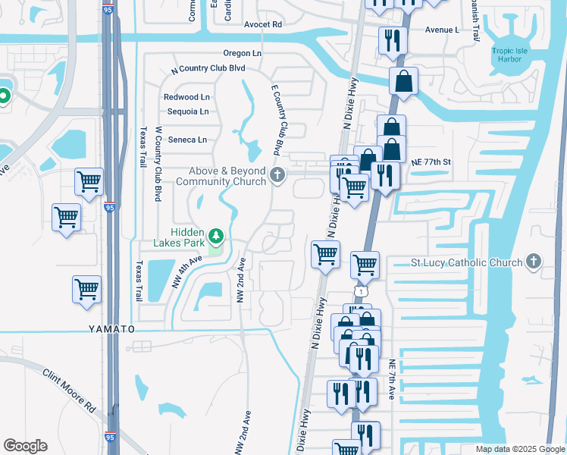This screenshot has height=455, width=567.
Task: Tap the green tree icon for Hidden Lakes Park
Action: (x=217, y=237)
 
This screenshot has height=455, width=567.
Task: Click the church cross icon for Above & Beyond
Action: (x=277, y=176)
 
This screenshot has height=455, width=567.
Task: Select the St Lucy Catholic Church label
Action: (x=466, y=263)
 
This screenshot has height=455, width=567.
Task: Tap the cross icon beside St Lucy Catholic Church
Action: (x=534, y=262)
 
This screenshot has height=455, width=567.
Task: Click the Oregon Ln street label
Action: (x=242, y=53)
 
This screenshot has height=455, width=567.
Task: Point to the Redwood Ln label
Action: (x=186, y=97)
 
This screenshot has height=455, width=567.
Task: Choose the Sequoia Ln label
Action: (x=187, y=111)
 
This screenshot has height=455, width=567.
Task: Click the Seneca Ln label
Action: (x=186, y=140)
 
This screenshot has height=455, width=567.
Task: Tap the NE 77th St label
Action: (x=431, y=162)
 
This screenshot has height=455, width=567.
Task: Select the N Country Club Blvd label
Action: (x=208, y=68)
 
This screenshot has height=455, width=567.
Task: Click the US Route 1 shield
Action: (x=360, y=292)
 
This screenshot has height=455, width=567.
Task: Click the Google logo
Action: (x=25, y=446)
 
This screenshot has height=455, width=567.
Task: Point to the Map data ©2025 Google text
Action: (x=518, y=449)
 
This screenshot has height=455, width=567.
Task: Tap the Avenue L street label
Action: (x=442, y=30)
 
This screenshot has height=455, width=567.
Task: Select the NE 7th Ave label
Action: (x=392, y=379)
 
